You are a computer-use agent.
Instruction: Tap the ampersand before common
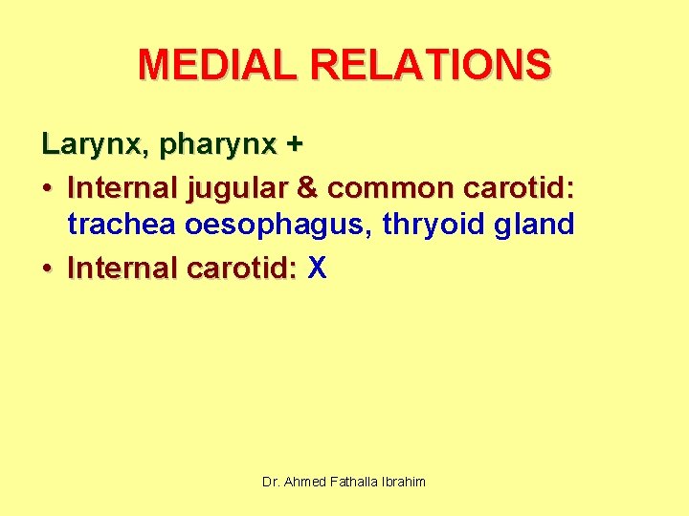pos(307,187)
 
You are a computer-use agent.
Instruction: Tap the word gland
pos(532,226)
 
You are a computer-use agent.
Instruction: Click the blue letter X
pos(318,269)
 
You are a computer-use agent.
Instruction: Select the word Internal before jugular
pos(122,187)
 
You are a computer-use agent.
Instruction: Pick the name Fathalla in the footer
pos(353,482)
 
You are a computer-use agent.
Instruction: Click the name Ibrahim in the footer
pos(404,482)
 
